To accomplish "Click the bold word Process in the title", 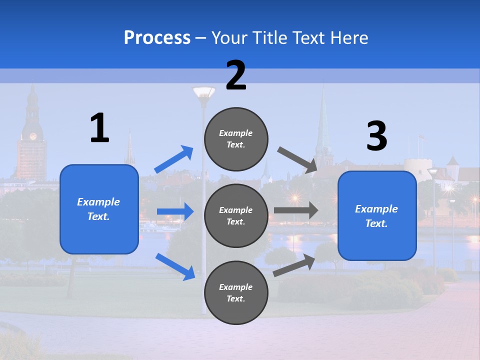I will pos(157,38).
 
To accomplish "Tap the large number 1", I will pos(99,128).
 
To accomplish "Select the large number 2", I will pos(236,75).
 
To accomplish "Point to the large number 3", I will pos(376,136).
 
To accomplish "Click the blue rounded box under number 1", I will pos(99,209).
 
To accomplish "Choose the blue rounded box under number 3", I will pos(377,215).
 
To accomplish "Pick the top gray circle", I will pos(236,139).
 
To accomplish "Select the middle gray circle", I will pos(236,215).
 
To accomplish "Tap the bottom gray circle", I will pos(236,292).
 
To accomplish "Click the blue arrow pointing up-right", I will pos(174,159).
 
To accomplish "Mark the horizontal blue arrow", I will pos(175,212).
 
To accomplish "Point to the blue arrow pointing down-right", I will pos(175,266).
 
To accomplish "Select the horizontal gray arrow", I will pos(296,210).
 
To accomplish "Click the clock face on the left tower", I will pos(33,136).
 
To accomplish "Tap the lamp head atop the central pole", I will pos(203,93).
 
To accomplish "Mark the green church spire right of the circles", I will pos(322,125).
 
